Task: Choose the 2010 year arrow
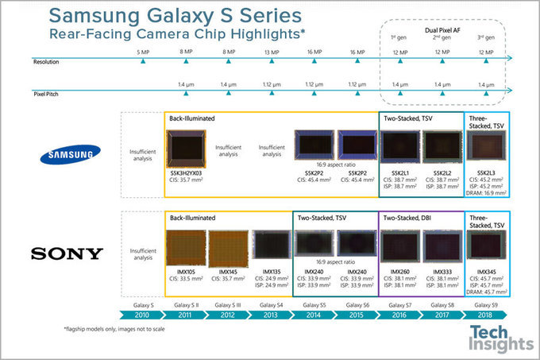142,314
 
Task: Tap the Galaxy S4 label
271,304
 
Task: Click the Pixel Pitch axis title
48,93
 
